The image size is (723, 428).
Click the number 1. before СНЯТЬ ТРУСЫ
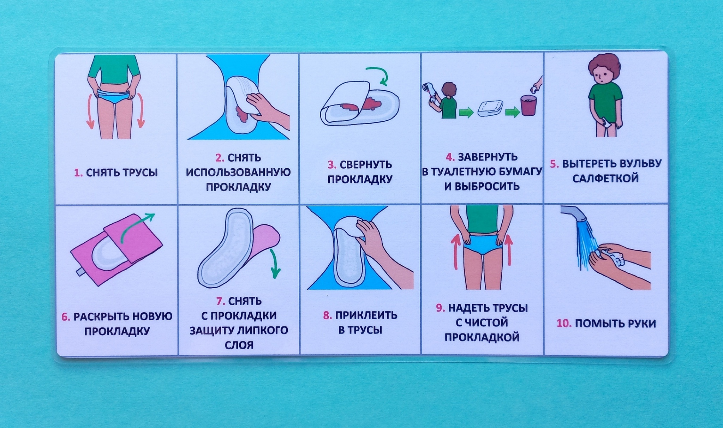point(78,173)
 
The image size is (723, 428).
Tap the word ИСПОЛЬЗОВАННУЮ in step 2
point(238,172)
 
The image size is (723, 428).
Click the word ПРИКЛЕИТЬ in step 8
point(366,315)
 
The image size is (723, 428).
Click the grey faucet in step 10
point(573,213)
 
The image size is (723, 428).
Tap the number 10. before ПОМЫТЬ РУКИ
point(564,324)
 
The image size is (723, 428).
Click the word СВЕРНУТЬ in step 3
point(366,165)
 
